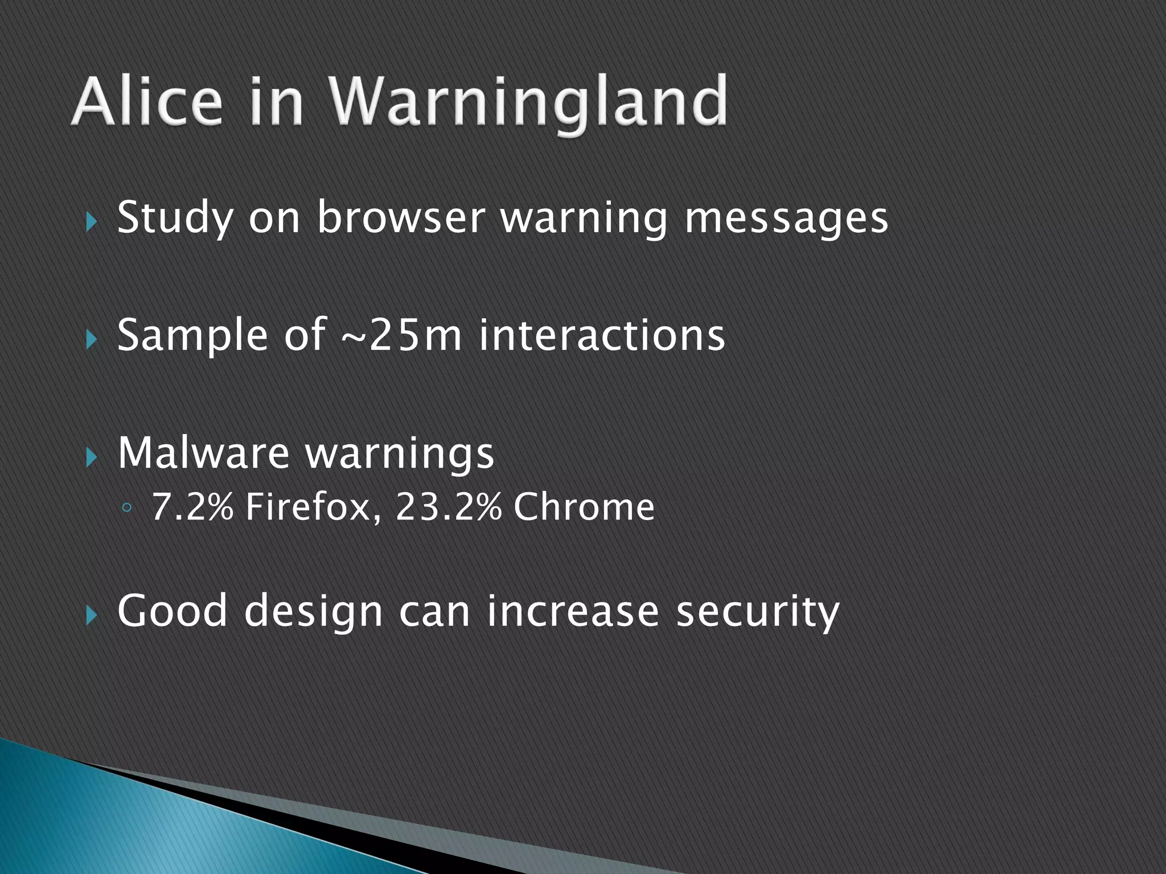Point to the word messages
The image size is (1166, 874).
pyautogui.click(x=786, y=218)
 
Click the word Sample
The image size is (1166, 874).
pyautogui.click(x=192, y=335)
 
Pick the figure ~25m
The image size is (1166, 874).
pyautogui.click(x=401, y=335)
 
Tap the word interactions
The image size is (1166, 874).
pyautogui.click(x=602, y=335)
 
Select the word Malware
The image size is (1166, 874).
pyautogui.click(x=203, y=453)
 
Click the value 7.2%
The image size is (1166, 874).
pyautogui.click(x=192, y=506)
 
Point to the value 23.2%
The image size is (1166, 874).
pyautogui.click(x=448, y=506)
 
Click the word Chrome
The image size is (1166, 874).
pyautogui.click(x=584, y=506)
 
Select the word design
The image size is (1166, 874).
pyautogui.click(x=313, y=611)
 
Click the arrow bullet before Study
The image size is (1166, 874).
pyautogui.click(x=91, y=222)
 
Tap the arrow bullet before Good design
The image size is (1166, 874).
pyautogui.click(x=91, y=615)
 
